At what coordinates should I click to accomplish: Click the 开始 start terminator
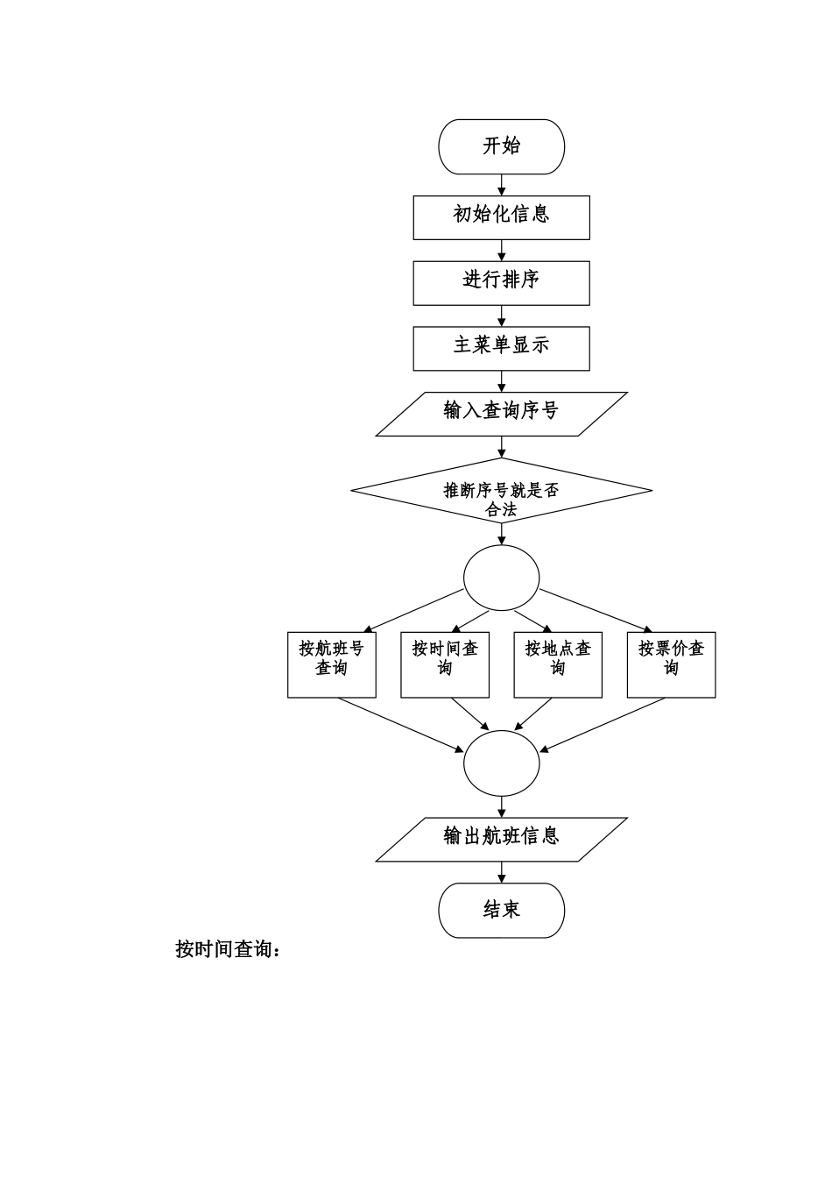click(x=501, y=146)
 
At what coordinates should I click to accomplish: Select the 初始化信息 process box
click(x=501, y=216)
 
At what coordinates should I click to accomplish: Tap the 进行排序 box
click(x=501, y=282)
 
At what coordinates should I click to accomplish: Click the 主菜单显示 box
click(x=501, y=348)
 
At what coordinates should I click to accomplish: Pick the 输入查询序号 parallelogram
click(x=501, y=414)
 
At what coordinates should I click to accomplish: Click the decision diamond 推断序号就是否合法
click(x=501, y=491)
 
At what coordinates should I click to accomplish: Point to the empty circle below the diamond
click(x=501, y=578)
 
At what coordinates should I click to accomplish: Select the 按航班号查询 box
click(x=331, y=664)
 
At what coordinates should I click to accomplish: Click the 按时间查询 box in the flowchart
click(x=445, y=664)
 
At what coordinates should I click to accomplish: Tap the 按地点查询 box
click(x=558, y=664)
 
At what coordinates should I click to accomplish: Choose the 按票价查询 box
click(x=671, y=664)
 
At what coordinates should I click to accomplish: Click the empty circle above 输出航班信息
click(x=501, y=763)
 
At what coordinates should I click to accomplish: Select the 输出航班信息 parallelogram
click(x=501, y=839)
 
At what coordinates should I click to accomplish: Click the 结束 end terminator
click(x=501, y=910)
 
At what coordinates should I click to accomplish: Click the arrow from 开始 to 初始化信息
click(x=502, y=185)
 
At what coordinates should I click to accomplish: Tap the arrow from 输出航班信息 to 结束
click(x=502, y=872)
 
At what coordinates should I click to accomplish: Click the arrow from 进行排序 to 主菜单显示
click(x=502, y=316)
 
